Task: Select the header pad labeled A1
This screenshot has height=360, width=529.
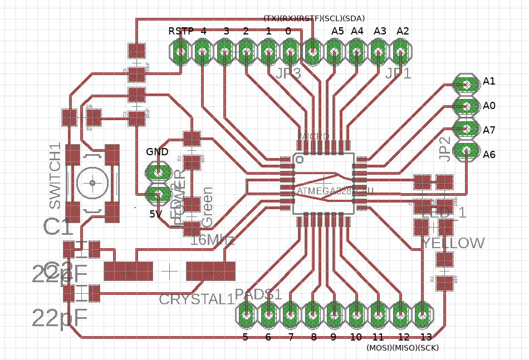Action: click(x=466, y=84)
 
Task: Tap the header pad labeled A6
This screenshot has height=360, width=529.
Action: click(x=466, y=151)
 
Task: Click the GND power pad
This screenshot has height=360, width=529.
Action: click(x=158, y=172)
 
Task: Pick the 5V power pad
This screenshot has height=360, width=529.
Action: click(x=158, y=194)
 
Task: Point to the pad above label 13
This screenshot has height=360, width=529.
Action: click(x=423, y=315)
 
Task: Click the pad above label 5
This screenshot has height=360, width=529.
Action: click(x=246, y=315)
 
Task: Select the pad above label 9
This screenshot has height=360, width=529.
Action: click(x=334, y=315)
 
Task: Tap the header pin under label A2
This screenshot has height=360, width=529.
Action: click(x=400, y=54)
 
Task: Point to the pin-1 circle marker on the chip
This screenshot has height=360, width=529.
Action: click(x=300, y=160)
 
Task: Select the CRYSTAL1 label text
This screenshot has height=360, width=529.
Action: click(x=197, y=299)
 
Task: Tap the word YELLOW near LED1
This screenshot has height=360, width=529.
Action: click(x=453, y=243)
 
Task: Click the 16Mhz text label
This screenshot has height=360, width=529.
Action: click(x=213, y=240)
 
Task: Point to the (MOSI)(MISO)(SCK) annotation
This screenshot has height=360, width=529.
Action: click(x=402, y=348)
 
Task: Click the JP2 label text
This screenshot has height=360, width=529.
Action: click(x=444, y=149)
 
